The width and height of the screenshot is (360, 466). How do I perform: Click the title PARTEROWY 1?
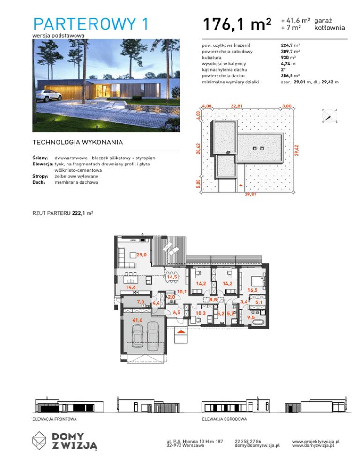[x=91, y=24]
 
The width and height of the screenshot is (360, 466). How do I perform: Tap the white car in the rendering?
[x=49, y=95]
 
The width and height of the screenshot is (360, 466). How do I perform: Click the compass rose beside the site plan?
[x=330, y=116]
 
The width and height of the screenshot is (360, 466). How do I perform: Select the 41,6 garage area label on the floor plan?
[x=137, y=320]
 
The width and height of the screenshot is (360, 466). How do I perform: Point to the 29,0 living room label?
[x=142, y=255]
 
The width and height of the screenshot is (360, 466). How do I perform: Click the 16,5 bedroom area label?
[x=252, y=290]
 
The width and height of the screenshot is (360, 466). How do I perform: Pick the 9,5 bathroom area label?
[x=251, y=317]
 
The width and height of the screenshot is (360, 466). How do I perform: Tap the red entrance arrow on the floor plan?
[x=181, y=331]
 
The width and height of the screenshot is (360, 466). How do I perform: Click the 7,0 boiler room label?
[x=140, y=302]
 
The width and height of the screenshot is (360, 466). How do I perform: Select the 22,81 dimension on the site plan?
[x=237, y=106]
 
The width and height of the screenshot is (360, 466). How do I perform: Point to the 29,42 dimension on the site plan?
[x=297, y=150]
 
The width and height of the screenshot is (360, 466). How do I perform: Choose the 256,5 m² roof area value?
[x=290, y=76]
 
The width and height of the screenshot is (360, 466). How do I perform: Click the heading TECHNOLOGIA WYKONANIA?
[x=78, y=143]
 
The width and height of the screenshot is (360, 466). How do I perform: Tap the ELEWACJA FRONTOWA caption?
[x=54, y=419]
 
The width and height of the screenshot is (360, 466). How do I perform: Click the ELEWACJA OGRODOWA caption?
[x=225, y=419]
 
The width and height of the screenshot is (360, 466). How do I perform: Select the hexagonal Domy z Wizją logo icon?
[x=39, y=440]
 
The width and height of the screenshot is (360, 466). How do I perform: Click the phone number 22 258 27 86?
[x=248, y=441]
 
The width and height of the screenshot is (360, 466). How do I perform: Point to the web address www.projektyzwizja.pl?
[x=316, y=441]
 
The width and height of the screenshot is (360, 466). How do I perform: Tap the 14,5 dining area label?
[x=172, y=277]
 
